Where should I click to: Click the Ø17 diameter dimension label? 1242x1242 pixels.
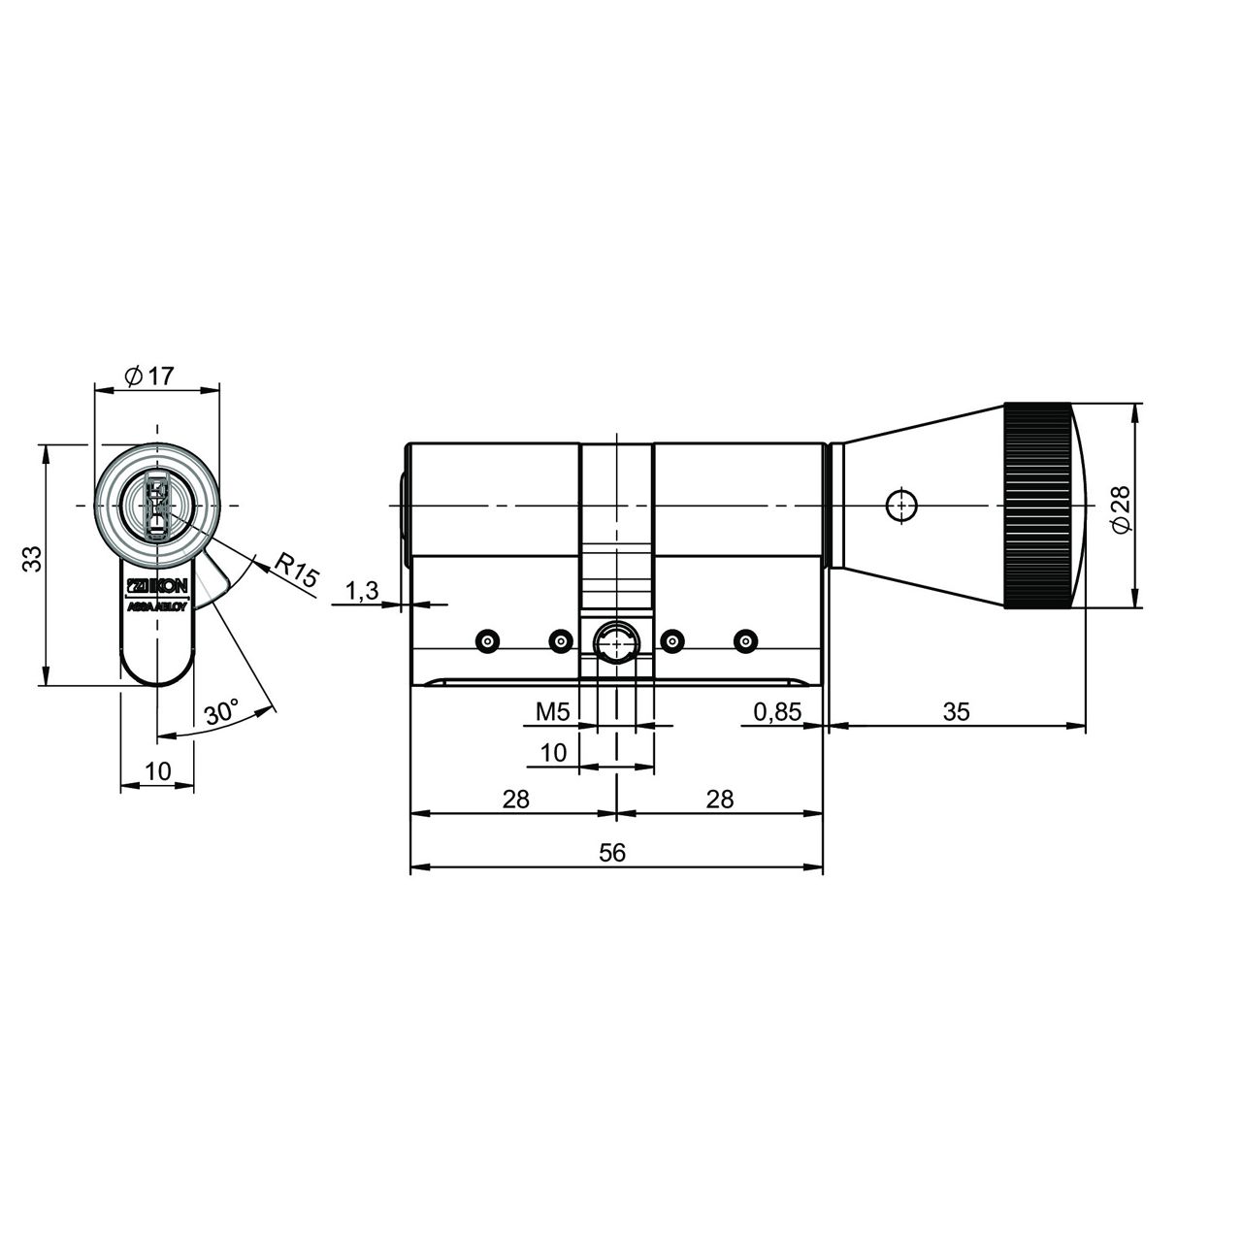pos(149,376)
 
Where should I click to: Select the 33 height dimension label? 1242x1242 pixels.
pos(32,558)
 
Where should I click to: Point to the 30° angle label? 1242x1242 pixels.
pos(222,712)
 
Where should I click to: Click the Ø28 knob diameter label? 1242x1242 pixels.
pos(1121,508)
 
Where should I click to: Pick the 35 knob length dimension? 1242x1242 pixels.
pos(956,711)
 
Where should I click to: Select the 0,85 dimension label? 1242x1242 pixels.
pos(777,712)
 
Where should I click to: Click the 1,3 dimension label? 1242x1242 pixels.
pos(362,590)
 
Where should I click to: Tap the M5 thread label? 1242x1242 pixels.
pos(553,712)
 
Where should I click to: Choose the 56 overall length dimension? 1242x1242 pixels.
pos(612,853)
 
